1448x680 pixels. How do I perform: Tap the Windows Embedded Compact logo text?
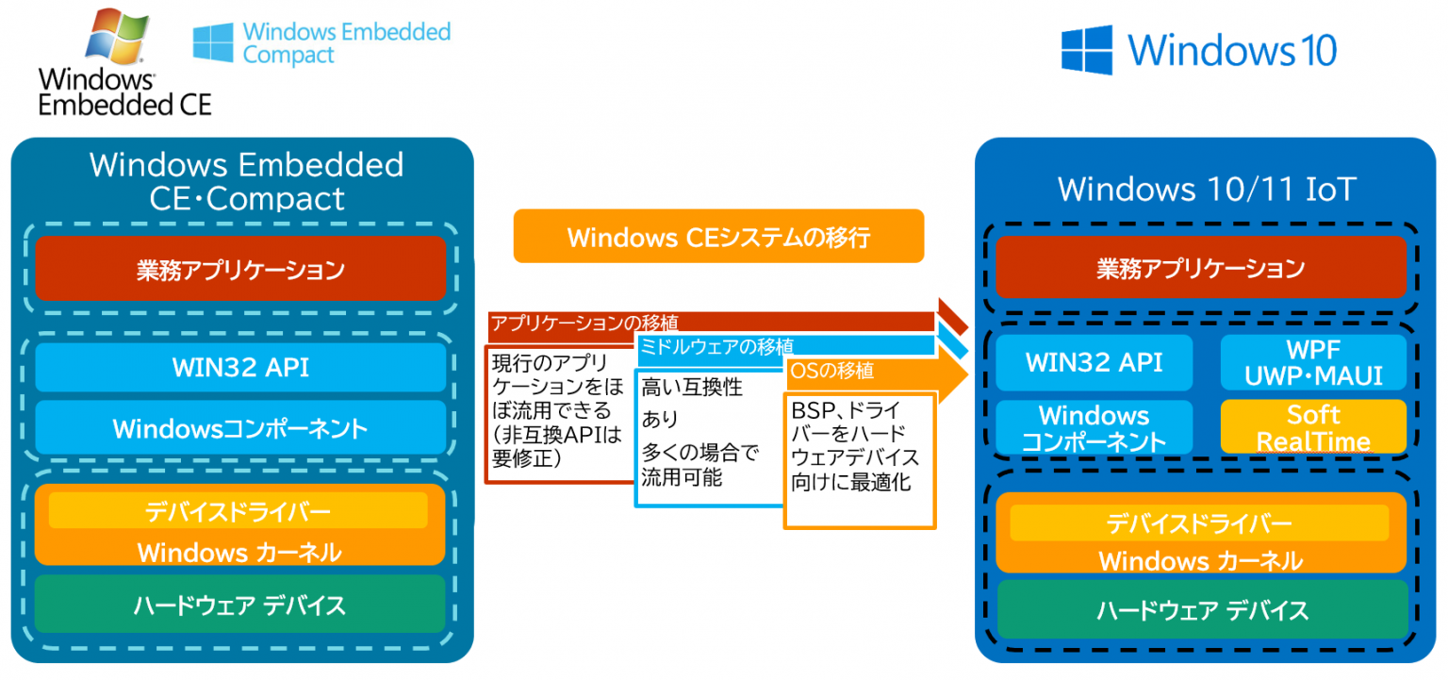tap(345, 43)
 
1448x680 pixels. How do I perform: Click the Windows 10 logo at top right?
tap(1199, 49)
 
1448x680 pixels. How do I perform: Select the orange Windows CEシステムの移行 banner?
tap(718, 236)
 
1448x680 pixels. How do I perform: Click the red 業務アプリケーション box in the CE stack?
tap(239, 269)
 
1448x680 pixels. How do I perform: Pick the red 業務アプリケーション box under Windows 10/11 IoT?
tap(1200, 268)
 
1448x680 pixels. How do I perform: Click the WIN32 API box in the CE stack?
tap(239, 367)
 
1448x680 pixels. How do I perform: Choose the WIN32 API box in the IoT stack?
tap(1094, 362)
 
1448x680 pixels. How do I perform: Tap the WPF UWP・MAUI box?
tap(1312, 363)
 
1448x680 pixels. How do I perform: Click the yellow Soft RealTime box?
tap(1312, 427)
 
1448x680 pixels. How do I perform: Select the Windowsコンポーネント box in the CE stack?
tap(239, 428)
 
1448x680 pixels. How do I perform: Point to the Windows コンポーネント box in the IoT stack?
tap(1094, 427)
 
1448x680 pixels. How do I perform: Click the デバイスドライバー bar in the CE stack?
tap(238, 511)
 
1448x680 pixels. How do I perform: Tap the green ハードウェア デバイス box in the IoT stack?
tap(1201, 609)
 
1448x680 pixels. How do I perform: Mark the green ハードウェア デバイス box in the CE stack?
tap(239, 605)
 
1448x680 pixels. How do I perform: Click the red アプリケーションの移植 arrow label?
tap(584, 323)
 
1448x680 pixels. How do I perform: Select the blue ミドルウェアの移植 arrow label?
tap(716, 346)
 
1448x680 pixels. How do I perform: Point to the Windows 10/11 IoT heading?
tap(1206, 190)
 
